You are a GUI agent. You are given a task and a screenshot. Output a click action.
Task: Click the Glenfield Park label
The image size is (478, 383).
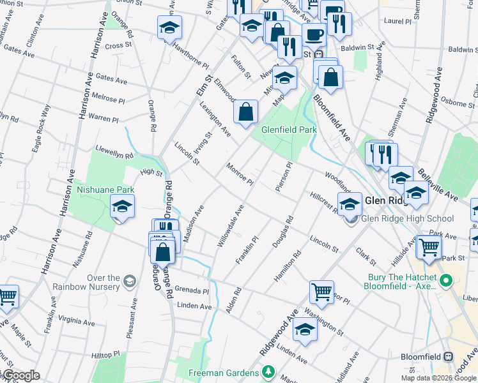pos(289,130)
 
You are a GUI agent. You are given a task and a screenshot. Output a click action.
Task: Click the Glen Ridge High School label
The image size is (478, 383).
pos(408,219)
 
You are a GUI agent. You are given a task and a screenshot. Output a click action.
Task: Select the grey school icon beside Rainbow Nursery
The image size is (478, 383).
pos(129,281)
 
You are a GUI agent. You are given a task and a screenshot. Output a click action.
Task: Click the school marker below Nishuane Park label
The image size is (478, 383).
pos(121,207)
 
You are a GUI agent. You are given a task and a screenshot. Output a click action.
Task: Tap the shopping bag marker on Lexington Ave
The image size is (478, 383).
pos(246,112)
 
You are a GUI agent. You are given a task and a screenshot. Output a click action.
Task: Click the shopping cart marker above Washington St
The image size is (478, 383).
pos(321,292)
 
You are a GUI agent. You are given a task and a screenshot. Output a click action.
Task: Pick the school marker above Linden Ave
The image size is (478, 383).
pos(305,330)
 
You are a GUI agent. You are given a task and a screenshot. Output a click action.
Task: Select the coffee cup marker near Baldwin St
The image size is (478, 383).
pos(313,34)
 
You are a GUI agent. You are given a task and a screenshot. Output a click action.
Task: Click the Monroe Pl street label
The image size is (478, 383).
pos(240,174)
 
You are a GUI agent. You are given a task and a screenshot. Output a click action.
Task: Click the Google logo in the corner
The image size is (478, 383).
pos(21,375)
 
